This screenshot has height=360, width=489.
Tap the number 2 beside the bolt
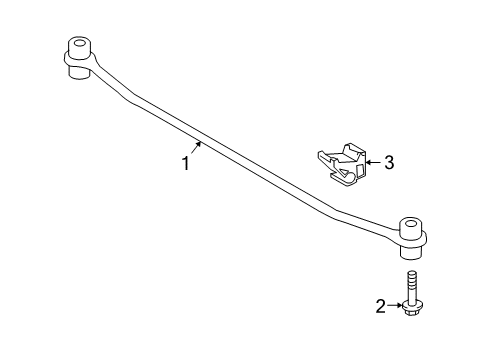(381, 307)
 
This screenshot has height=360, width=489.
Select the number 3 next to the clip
(388, 161)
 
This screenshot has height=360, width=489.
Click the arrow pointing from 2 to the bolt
(397, 307)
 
